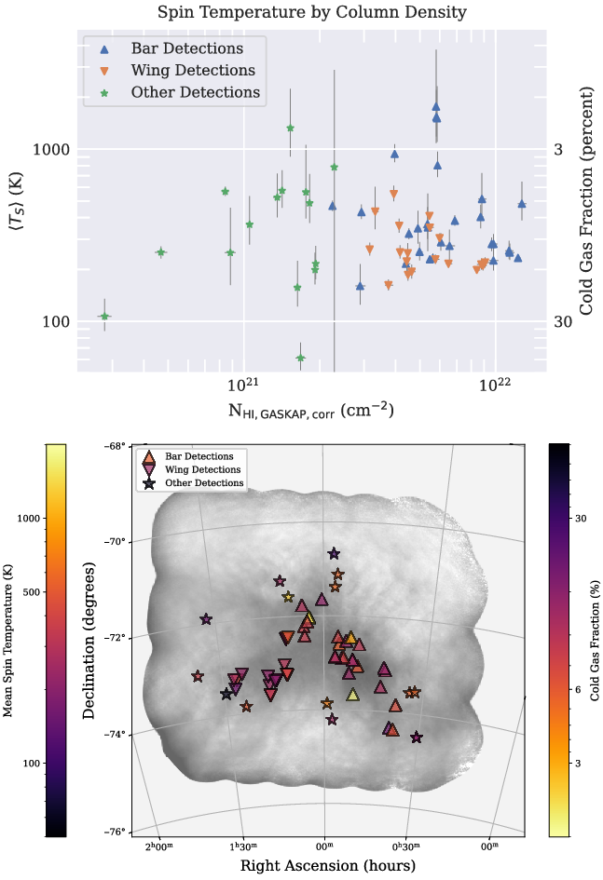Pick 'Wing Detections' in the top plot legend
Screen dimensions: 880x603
[192, 70]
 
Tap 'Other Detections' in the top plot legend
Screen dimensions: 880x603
[195, 92]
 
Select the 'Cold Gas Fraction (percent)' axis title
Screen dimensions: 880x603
[587, 201]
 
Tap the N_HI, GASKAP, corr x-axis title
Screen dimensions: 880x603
[309, 410]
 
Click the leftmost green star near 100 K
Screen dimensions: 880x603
[104, 317]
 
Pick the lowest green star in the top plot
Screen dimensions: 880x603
[301, 358]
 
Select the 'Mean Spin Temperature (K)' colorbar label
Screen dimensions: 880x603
[8, 642]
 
